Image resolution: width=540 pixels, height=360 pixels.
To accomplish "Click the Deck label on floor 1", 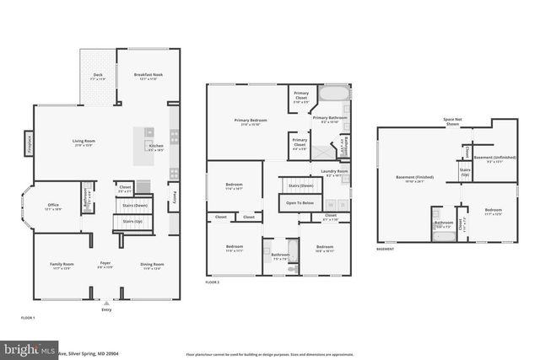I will pos(99,74).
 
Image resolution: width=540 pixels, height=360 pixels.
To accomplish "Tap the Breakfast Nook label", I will pos(148,74).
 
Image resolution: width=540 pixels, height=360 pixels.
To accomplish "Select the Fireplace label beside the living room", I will pos(29,144).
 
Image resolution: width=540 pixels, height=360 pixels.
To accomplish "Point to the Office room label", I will pos(53,205).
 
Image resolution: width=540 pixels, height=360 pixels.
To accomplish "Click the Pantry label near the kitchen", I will pos(173,196).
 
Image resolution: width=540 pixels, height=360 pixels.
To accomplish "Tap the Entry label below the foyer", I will pos(106,309).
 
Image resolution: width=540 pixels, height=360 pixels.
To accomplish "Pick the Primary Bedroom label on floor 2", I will pos(251,121).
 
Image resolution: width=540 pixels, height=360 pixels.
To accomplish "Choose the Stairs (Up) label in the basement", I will pos(464,172).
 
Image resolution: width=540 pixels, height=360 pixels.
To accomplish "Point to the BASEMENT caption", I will pos(386,250).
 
